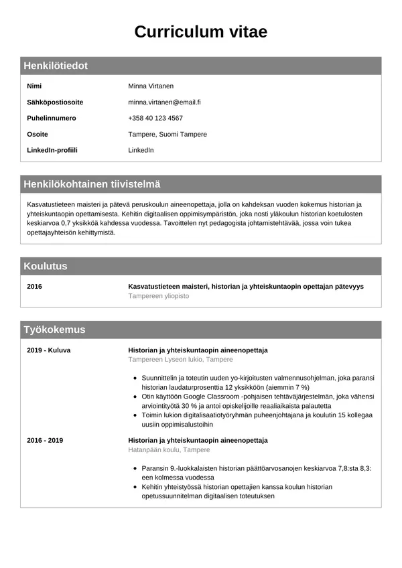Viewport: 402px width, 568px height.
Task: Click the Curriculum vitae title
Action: (200, 31)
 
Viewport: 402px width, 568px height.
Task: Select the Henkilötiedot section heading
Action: (56, 66)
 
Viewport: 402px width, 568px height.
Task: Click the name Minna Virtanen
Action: (151, 86)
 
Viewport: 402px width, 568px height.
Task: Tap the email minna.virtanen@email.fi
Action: (165, 102)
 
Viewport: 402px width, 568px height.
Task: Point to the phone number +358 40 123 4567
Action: (155, 119)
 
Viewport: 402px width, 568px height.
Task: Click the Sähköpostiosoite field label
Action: (55, 102)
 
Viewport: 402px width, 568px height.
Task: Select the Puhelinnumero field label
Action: (52, 119)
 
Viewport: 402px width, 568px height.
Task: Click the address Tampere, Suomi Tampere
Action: (167, 135)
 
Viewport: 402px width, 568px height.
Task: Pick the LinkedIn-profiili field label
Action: (52, 150)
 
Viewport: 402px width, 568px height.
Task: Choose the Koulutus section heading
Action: (46, 266)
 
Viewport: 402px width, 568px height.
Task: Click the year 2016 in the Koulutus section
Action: (35, 287)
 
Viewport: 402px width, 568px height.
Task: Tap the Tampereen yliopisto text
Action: (159, 296)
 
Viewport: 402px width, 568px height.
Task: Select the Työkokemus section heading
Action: (54, 330)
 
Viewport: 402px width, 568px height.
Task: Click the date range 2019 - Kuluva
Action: (49, 350)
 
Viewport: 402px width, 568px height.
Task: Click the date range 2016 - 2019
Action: (45, 441)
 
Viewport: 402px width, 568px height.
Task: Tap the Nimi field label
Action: (34, 86)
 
